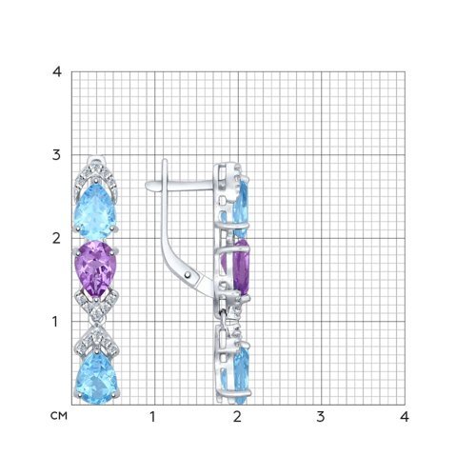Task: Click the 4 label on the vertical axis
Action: [57, 72]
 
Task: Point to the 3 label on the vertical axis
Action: [56, 155]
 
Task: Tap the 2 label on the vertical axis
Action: [56, 238]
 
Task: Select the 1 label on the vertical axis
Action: [55, 322]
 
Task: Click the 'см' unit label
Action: [59, 416]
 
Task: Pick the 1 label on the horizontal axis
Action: [152, 417]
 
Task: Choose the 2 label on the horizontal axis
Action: [237, 417]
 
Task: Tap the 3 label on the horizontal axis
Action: [321, 417]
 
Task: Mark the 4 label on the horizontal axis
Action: [405, 417]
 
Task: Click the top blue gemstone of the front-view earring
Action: [95, 212]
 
